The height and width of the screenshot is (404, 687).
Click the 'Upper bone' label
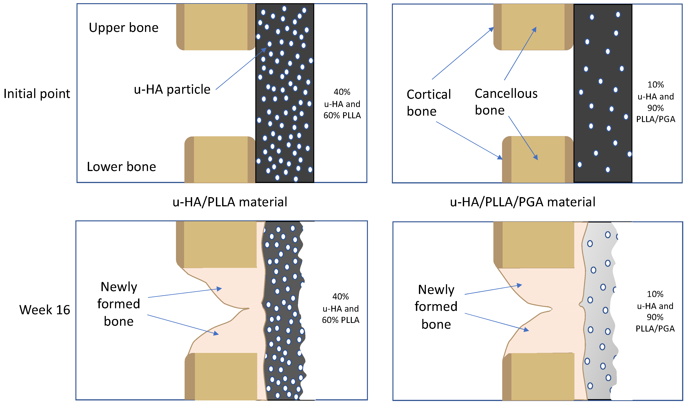[x=123, y=28]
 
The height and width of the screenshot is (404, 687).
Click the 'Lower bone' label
[x=121, y=167]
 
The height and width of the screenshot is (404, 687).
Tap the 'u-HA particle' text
[x=172, y=90]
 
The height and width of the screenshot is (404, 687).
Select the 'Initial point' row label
[x=37, y=93]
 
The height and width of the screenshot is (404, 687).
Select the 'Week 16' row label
[x=44, y=310]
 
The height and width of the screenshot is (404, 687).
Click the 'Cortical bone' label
[x=428, y=103]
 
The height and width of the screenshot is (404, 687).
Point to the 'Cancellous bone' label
[x=506, y=102]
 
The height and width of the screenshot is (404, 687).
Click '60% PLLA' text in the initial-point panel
[x=342, y=116]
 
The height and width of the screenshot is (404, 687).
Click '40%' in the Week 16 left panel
[x=340, y=296]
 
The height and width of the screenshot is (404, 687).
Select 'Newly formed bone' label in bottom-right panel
[x=436, y=307]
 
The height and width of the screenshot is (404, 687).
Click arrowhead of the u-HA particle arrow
[x=265, y=49]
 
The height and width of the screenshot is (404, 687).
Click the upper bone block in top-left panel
[x=215, y=27]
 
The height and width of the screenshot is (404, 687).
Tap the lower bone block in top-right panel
[x=537, y=160]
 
